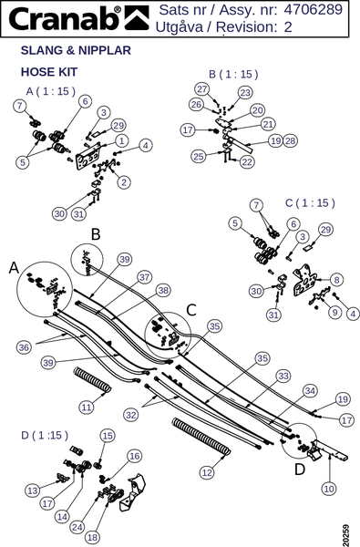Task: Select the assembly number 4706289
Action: pyautogui.click(x=313, y=10)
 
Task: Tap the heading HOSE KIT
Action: pyautogui.click(x=49, y=72)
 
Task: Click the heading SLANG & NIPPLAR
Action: pyautogui.click(x=76, y=50)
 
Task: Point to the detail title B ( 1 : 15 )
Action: pyautogui.click(x=233, y=74)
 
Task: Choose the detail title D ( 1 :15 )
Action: pyautogui.click(x=45, y=435)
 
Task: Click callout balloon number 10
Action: pyautogui.click(x=329, y=489)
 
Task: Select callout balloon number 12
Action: pyautogui.click(x=207, y=472)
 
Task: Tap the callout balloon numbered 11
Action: pyautogui.click(x=87, y=407)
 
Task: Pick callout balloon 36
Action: pyautogui.click(x=24, y=347)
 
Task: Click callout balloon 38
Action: pyautogui.click(x=163, y=290)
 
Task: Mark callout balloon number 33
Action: pyautogui.click(x=283, y=376)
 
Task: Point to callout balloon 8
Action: pyautogui.click(x=336, y=280)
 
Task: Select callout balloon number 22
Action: pyautogui.click(x=247, y=162)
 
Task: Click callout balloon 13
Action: pyautogui.click(x=33, y=490)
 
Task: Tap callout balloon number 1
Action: pyautogui.click(x=121, y=140)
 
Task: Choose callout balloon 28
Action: pyautogui.click(x=290, y=141)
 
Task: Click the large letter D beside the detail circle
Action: pyautogui.click(x=300, y=470)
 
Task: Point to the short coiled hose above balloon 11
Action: pyautogui.click(x=92, y=381)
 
